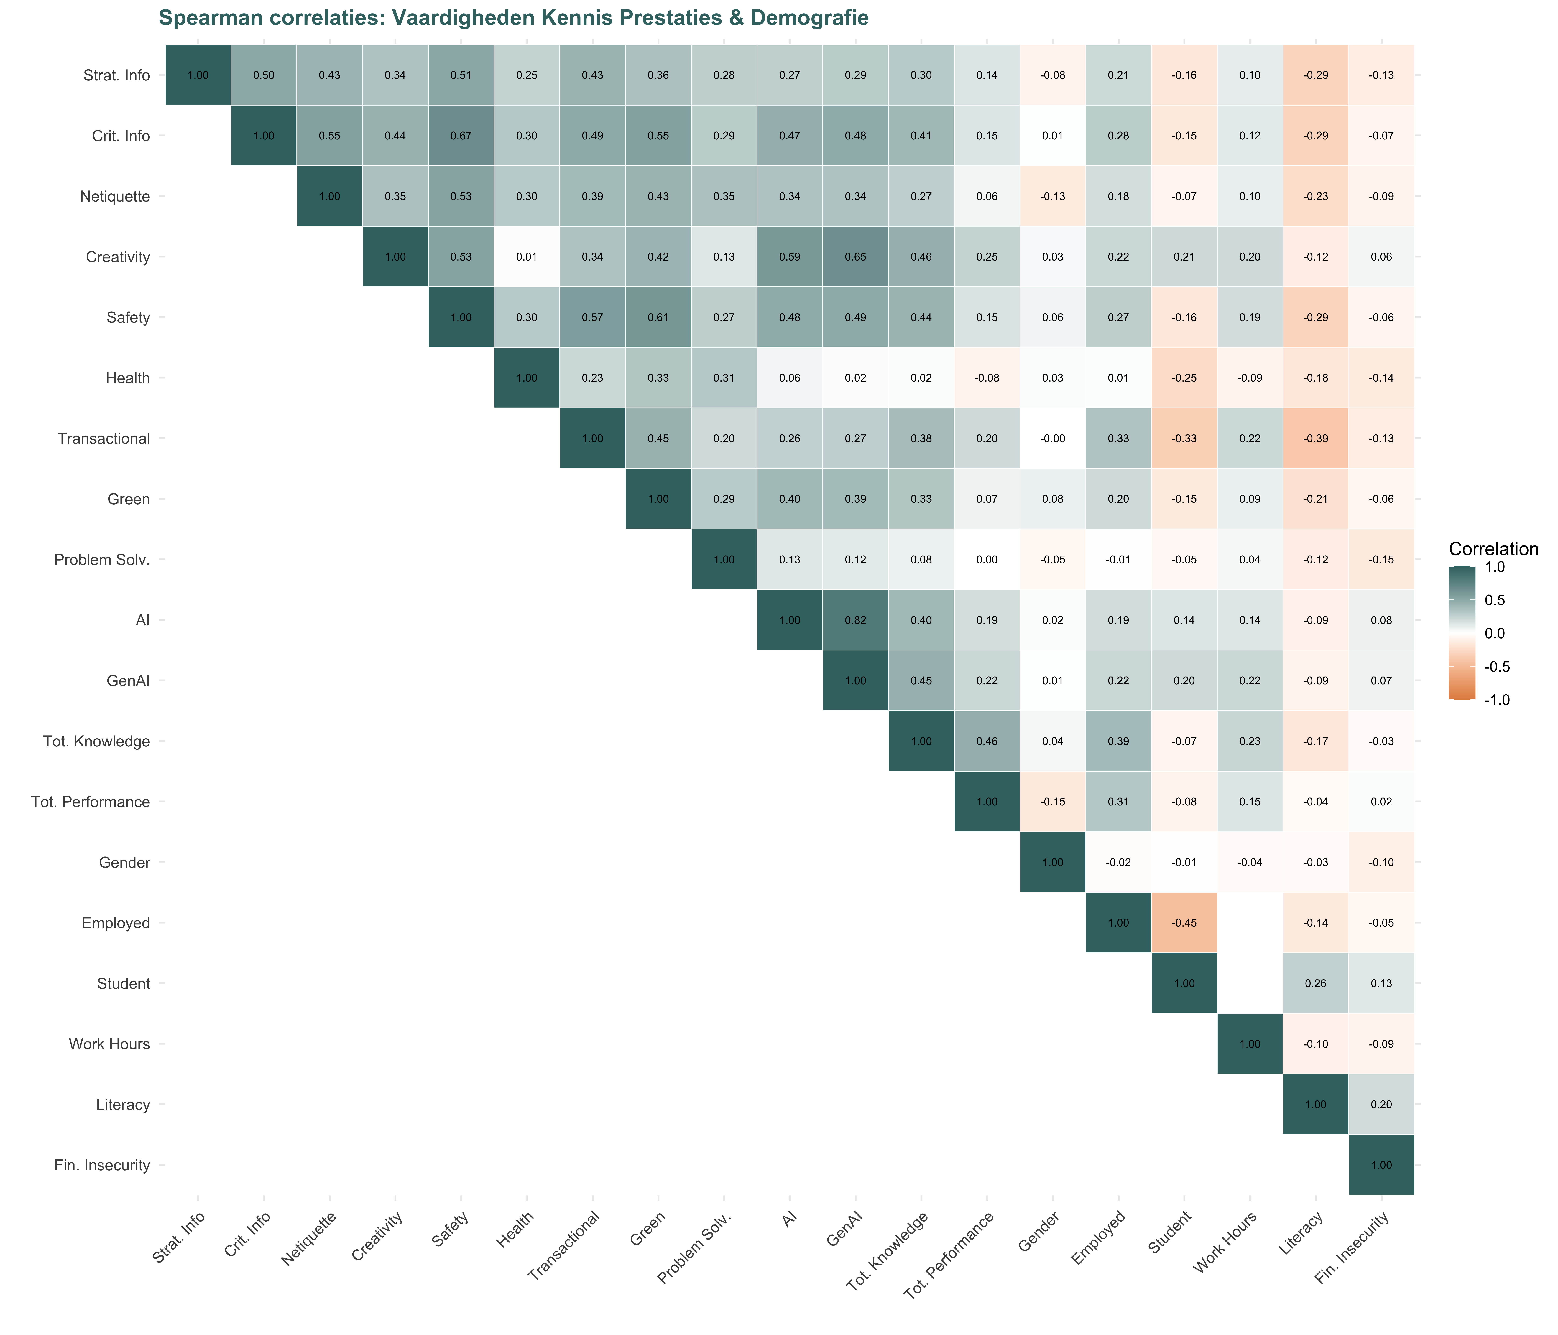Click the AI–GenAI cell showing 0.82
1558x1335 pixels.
point(855,620)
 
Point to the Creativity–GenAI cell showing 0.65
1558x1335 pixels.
point(855,257)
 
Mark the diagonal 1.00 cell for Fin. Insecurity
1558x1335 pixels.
point(1381,1165)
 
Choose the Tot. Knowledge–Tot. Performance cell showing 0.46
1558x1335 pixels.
point(987,741)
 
